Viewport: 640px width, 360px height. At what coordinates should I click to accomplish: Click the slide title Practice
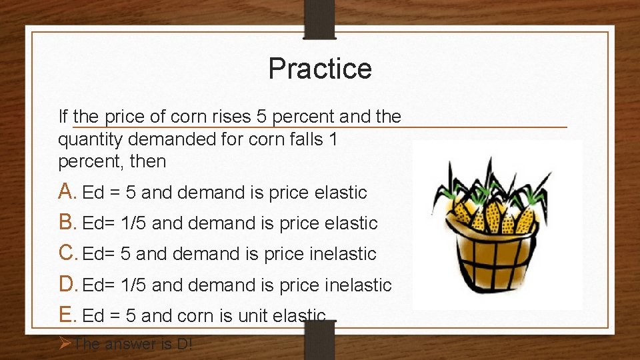320,69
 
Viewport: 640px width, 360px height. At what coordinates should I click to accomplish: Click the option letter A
67,192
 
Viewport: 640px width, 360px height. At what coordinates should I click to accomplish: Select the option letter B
67,223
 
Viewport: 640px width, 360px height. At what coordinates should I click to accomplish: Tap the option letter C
68,254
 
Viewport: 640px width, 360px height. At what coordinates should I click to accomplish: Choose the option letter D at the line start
68,285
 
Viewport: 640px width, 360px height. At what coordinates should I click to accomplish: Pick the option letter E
67,315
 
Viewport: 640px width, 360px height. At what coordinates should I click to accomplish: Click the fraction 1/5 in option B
134,223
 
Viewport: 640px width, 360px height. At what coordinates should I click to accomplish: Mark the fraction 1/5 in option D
134,285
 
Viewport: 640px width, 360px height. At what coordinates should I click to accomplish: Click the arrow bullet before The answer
65,344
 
